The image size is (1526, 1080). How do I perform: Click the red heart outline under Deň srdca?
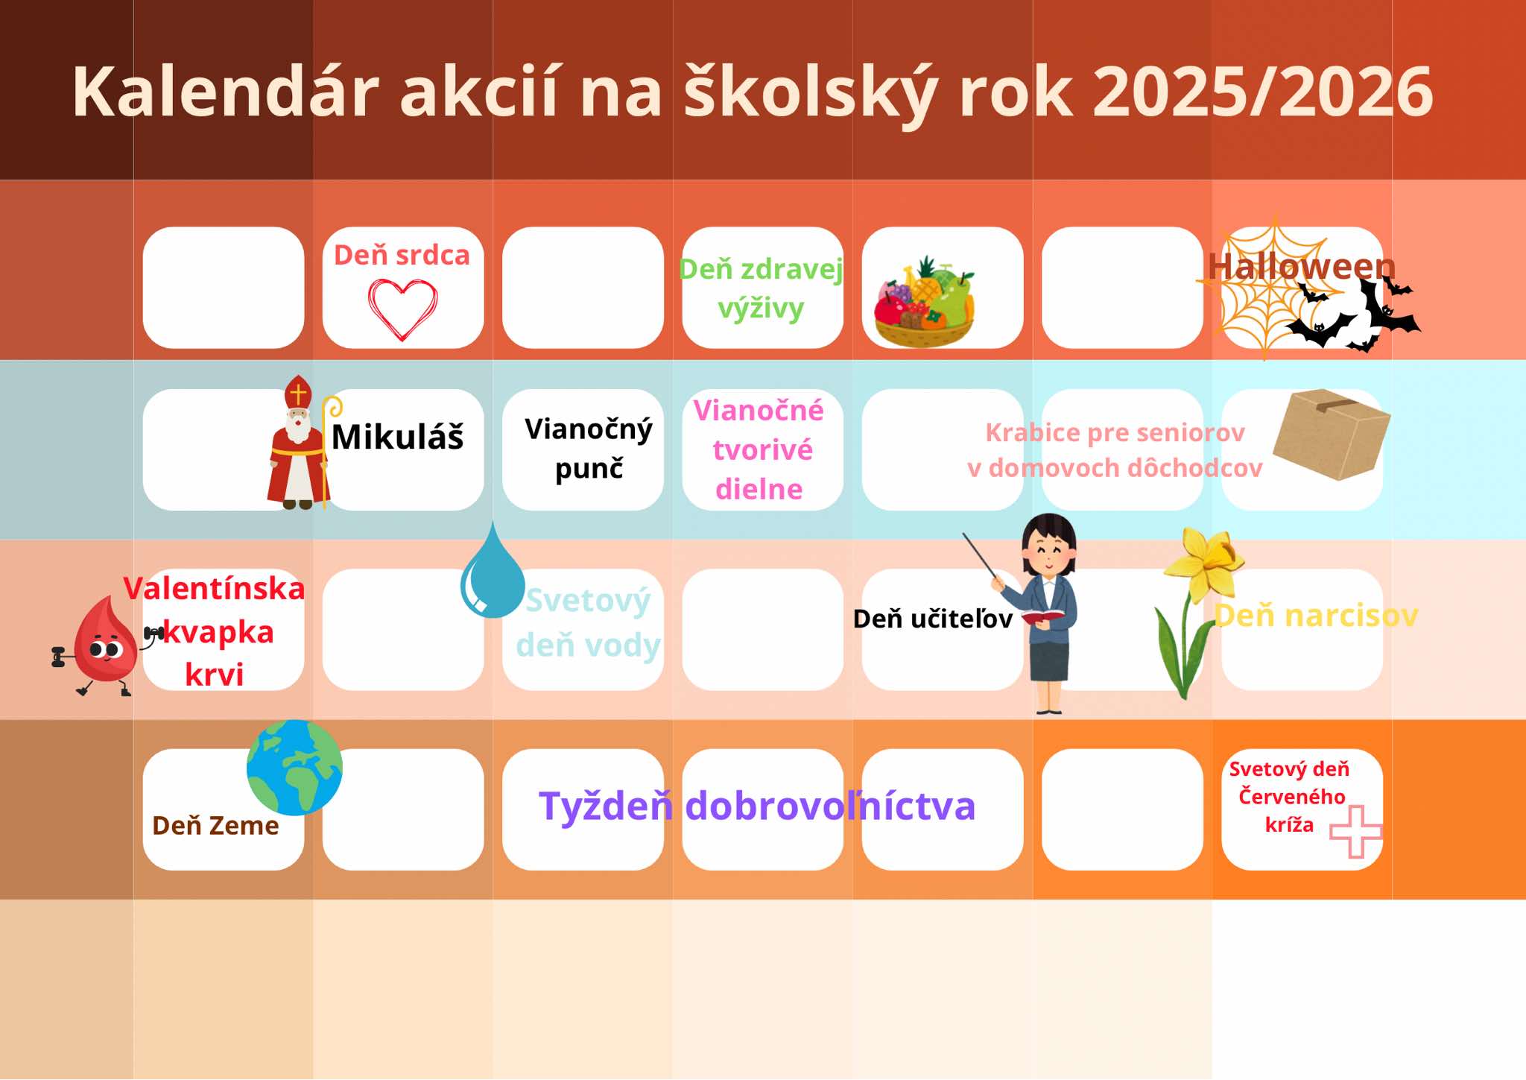(x=402, y=309)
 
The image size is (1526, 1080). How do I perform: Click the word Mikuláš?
(x=397, y=437)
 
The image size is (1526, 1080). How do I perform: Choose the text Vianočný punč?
(x=588, y=449)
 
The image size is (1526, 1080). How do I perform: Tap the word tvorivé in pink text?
(x=762, y=450)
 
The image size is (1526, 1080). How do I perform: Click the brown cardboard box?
(x=1331, y=434)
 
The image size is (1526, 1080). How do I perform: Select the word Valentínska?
(x=215, y=589)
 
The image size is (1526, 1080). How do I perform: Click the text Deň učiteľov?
(x=932, y=619)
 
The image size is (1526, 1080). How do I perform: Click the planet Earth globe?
(x=294, y=767)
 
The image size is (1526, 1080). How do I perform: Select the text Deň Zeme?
(x=215, y=826)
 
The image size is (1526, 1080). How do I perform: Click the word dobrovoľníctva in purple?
(x=829, y=806)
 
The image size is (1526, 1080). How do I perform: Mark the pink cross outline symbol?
(x=1355, y=831)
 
